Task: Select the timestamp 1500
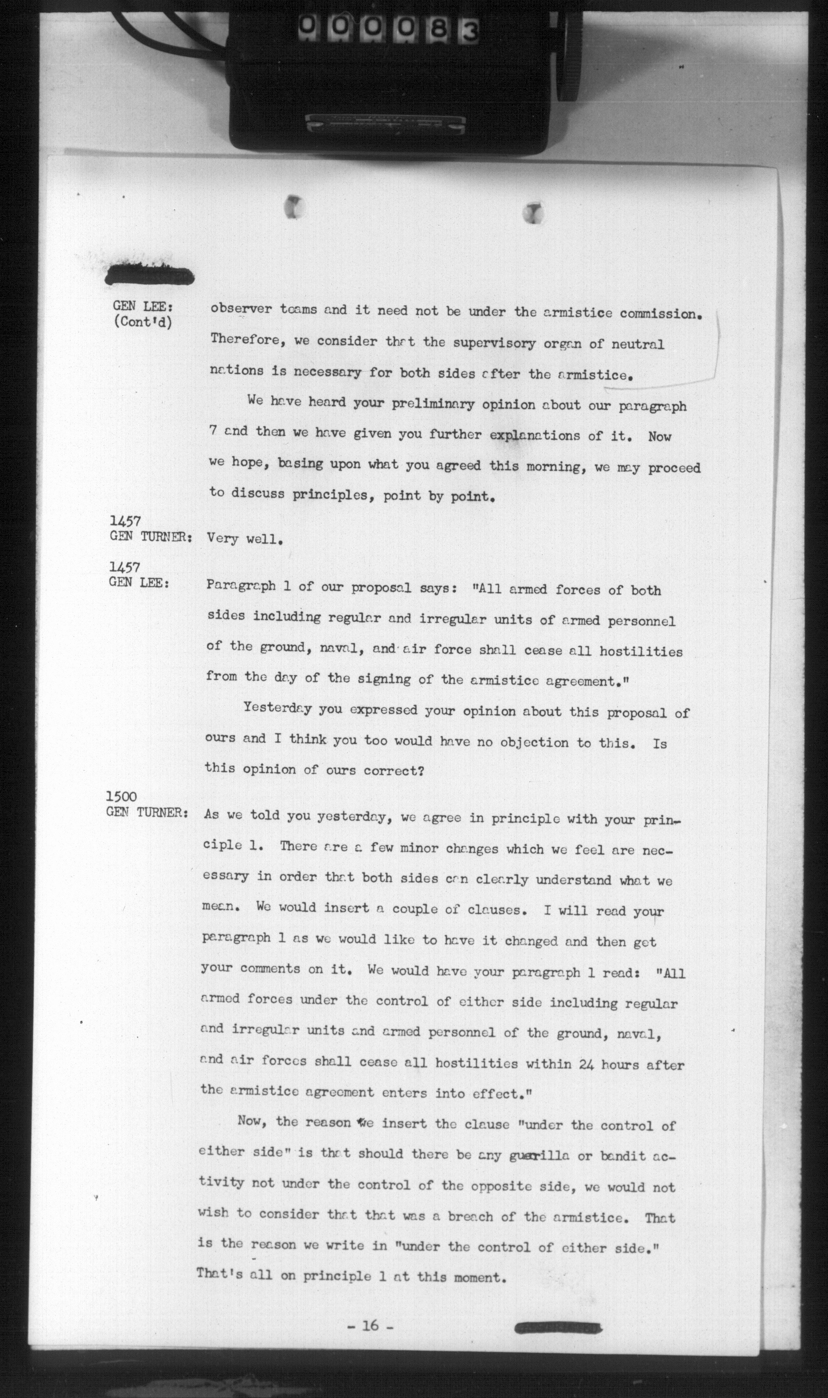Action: click(x=121, y=797)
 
